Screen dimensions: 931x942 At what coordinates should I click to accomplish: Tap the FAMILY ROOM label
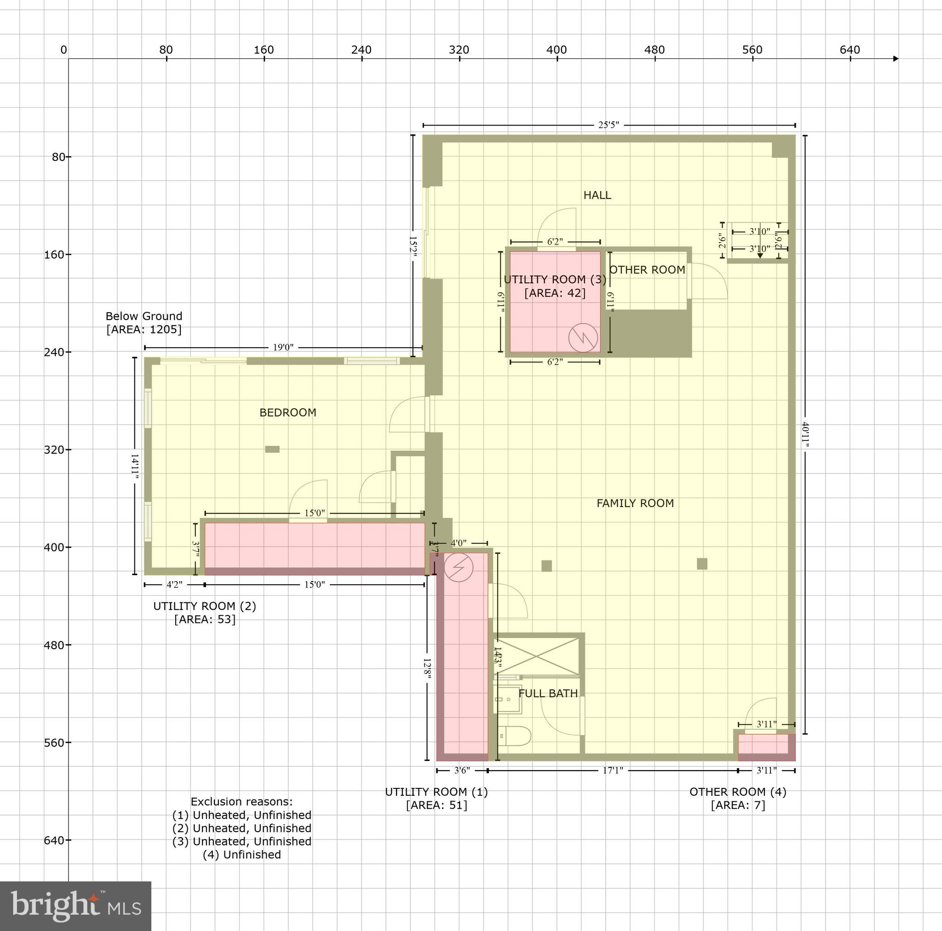click(635, 503)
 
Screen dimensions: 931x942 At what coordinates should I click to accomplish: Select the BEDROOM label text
click(287, 412)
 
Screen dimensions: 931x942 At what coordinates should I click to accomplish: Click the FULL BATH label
click(548, 693)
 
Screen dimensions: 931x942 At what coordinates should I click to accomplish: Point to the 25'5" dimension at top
click(609, 125)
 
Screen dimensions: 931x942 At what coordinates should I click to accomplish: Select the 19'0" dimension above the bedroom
click(283, 348)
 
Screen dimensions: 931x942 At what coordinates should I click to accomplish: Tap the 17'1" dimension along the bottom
click(612, 771)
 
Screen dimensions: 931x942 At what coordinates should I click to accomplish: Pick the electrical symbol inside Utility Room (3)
click(583, 337)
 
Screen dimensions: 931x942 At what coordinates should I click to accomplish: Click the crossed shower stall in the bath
click(536, 656)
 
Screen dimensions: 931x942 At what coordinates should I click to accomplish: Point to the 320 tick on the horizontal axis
click(460, 50)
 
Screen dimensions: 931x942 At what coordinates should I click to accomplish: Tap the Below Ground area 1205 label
click(144, 323)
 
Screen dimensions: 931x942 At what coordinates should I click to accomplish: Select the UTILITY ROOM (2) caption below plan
click(204, 612)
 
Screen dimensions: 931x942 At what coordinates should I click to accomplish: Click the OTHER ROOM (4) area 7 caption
click(738, 798)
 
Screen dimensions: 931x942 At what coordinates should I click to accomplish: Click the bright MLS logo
click(75, 906)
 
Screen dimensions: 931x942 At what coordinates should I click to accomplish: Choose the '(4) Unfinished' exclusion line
click(242, 855)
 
